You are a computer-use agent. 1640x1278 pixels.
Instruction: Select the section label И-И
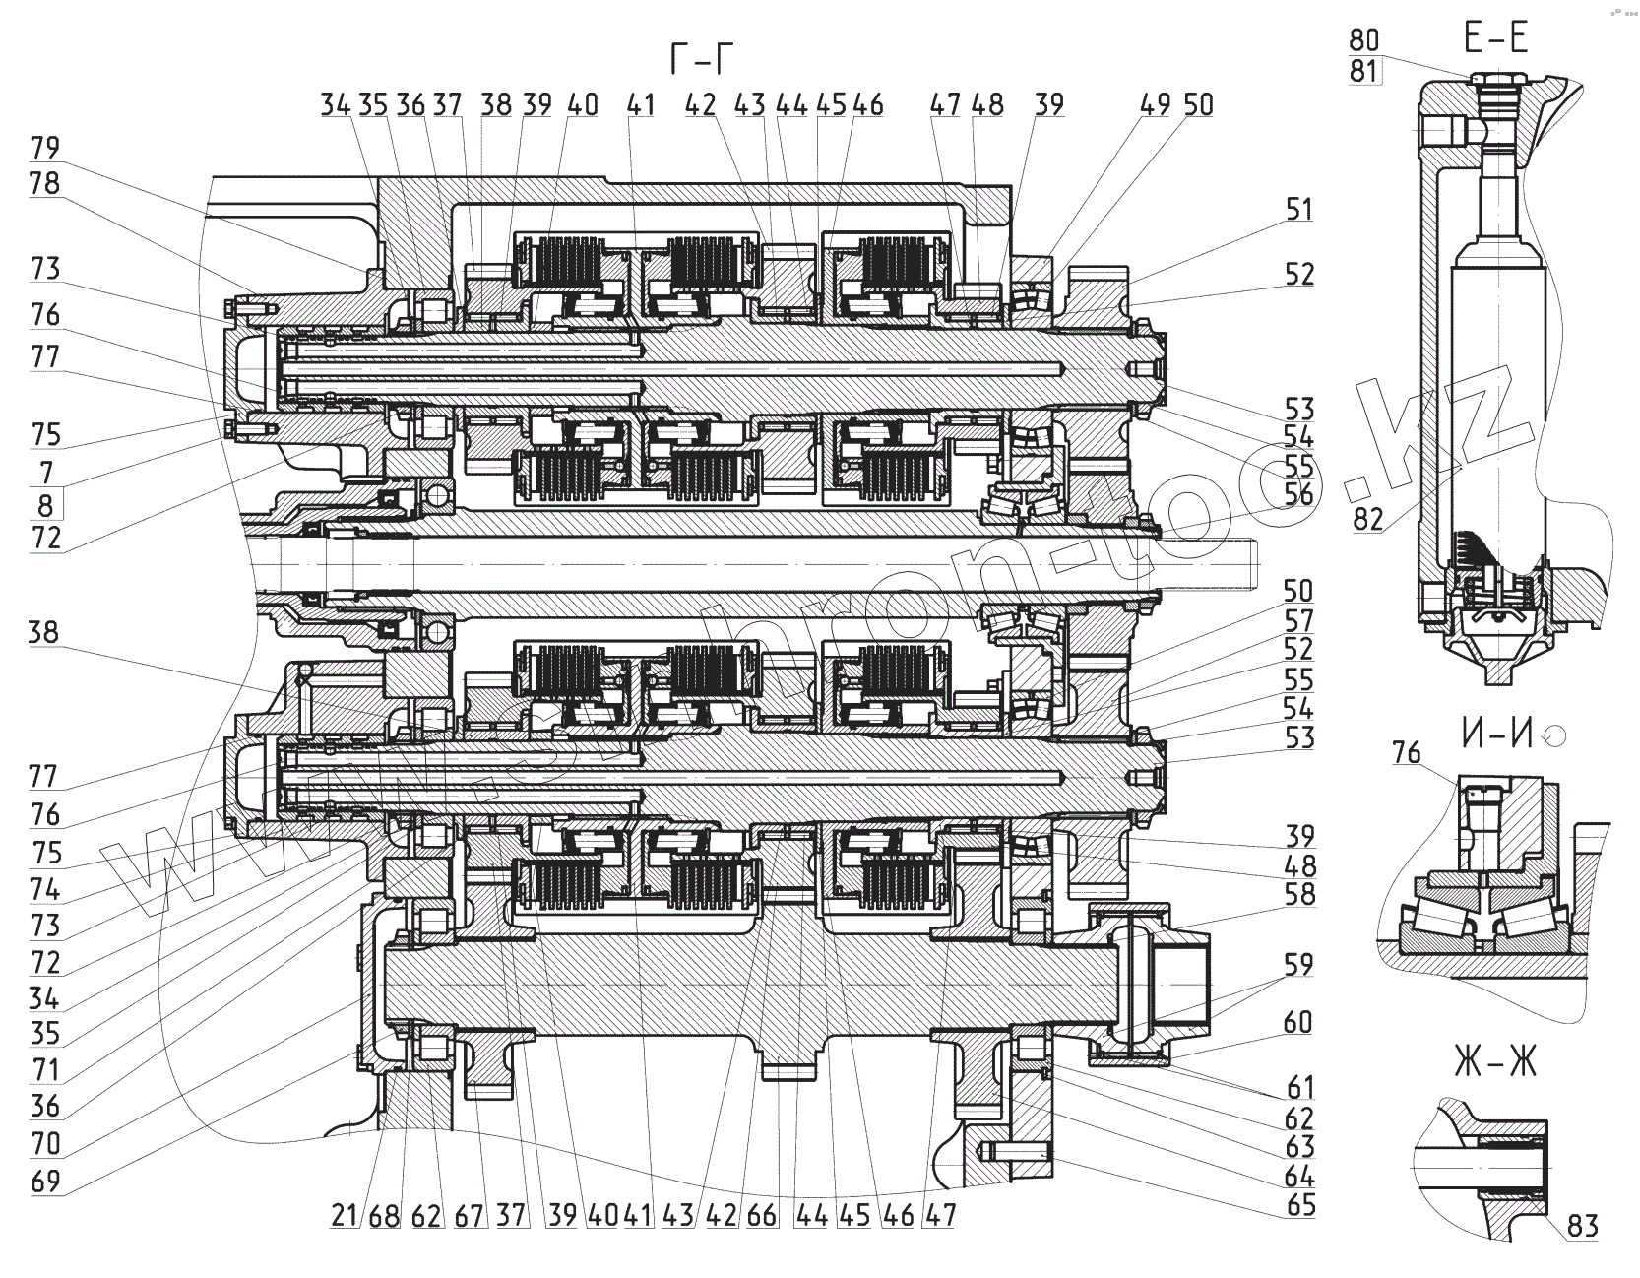(x=1495, y=734)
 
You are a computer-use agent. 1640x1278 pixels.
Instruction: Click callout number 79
(x=45, y=148)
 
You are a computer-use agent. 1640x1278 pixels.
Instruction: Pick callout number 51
(x=1299, y=209)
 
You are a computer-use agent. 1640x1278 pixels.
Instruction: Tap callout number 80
(x=1363, y=40)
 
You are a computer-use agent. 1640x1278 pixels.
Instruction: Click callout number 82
(x=1368, y=519)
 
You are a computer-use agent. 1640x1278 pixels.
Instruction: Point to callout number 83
(x=1583, y=1226)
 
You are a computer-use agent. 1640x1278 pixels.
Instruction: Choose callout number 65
(x=1301, y=1205)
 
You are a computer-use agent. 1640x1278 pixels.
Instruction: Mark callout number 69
(x=45, y=1181)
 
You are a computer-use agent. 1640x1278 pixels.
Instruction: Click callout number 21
(x=344, y=1216)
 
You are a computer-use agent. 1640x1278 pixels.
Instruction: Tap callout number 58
(x=1299, y=894)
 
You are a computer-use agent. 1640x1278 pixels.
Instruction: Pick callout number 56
(x=1299, y=494)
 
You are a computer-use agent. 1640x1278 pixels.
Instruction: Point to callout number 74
(x=45, y=889)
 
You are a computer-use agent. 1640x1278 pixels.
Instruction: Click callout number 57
(x=1299, y=620)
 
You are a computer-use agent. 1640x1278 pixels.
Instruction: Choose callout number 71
(x=45, y=1069)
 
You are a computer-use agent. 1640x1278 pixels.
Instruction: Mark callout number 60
(x=1299, y=1022)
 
